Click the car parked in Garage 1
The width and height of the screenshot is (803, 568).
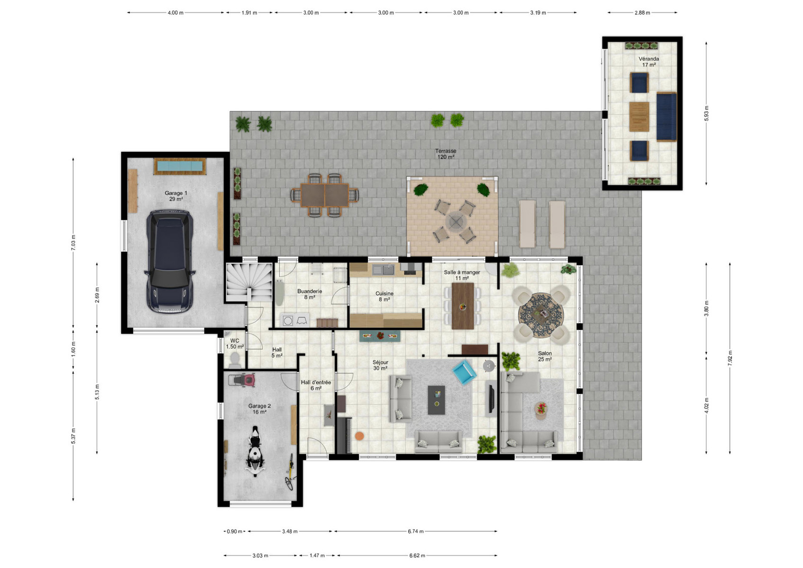(170, 261)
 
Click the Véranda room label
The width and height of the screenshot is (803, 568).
(649, 62)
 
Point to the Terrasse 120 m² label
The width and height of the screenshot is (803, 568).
(446, 154)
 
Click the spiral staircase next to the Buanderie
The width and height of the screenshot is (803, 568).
(249, 282)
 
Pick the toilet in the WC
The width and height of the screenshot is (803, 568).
(235, 359)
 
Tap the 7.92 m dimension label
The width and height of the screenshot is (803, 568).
(730, 358)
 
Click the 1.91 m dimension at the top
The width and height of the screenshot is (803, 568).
(249, 12)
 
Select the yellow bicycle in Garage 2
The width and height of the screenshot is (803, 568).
(290, 472)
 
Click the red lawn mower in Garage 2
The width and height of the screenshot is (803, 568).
(244, 380)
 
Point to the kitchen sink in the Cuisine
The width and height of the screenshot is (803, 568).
(383, 269)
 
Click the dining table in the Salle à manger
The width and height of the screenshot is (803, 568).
(463, 306)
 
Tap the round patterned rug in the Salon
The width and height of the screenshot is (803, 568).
(541, 315)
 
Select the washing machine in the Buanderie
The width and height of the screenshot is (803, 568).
(287, 320)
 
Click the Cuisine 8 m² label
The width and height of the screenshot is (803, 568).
(384, 296)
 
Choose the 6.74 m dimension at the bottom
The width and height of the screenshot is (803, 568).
(416, 531)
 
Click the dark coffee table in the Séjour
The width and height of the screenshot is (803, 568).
(436, 400)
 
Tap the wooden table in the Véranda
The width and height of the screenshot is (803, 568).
(639, 116)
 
